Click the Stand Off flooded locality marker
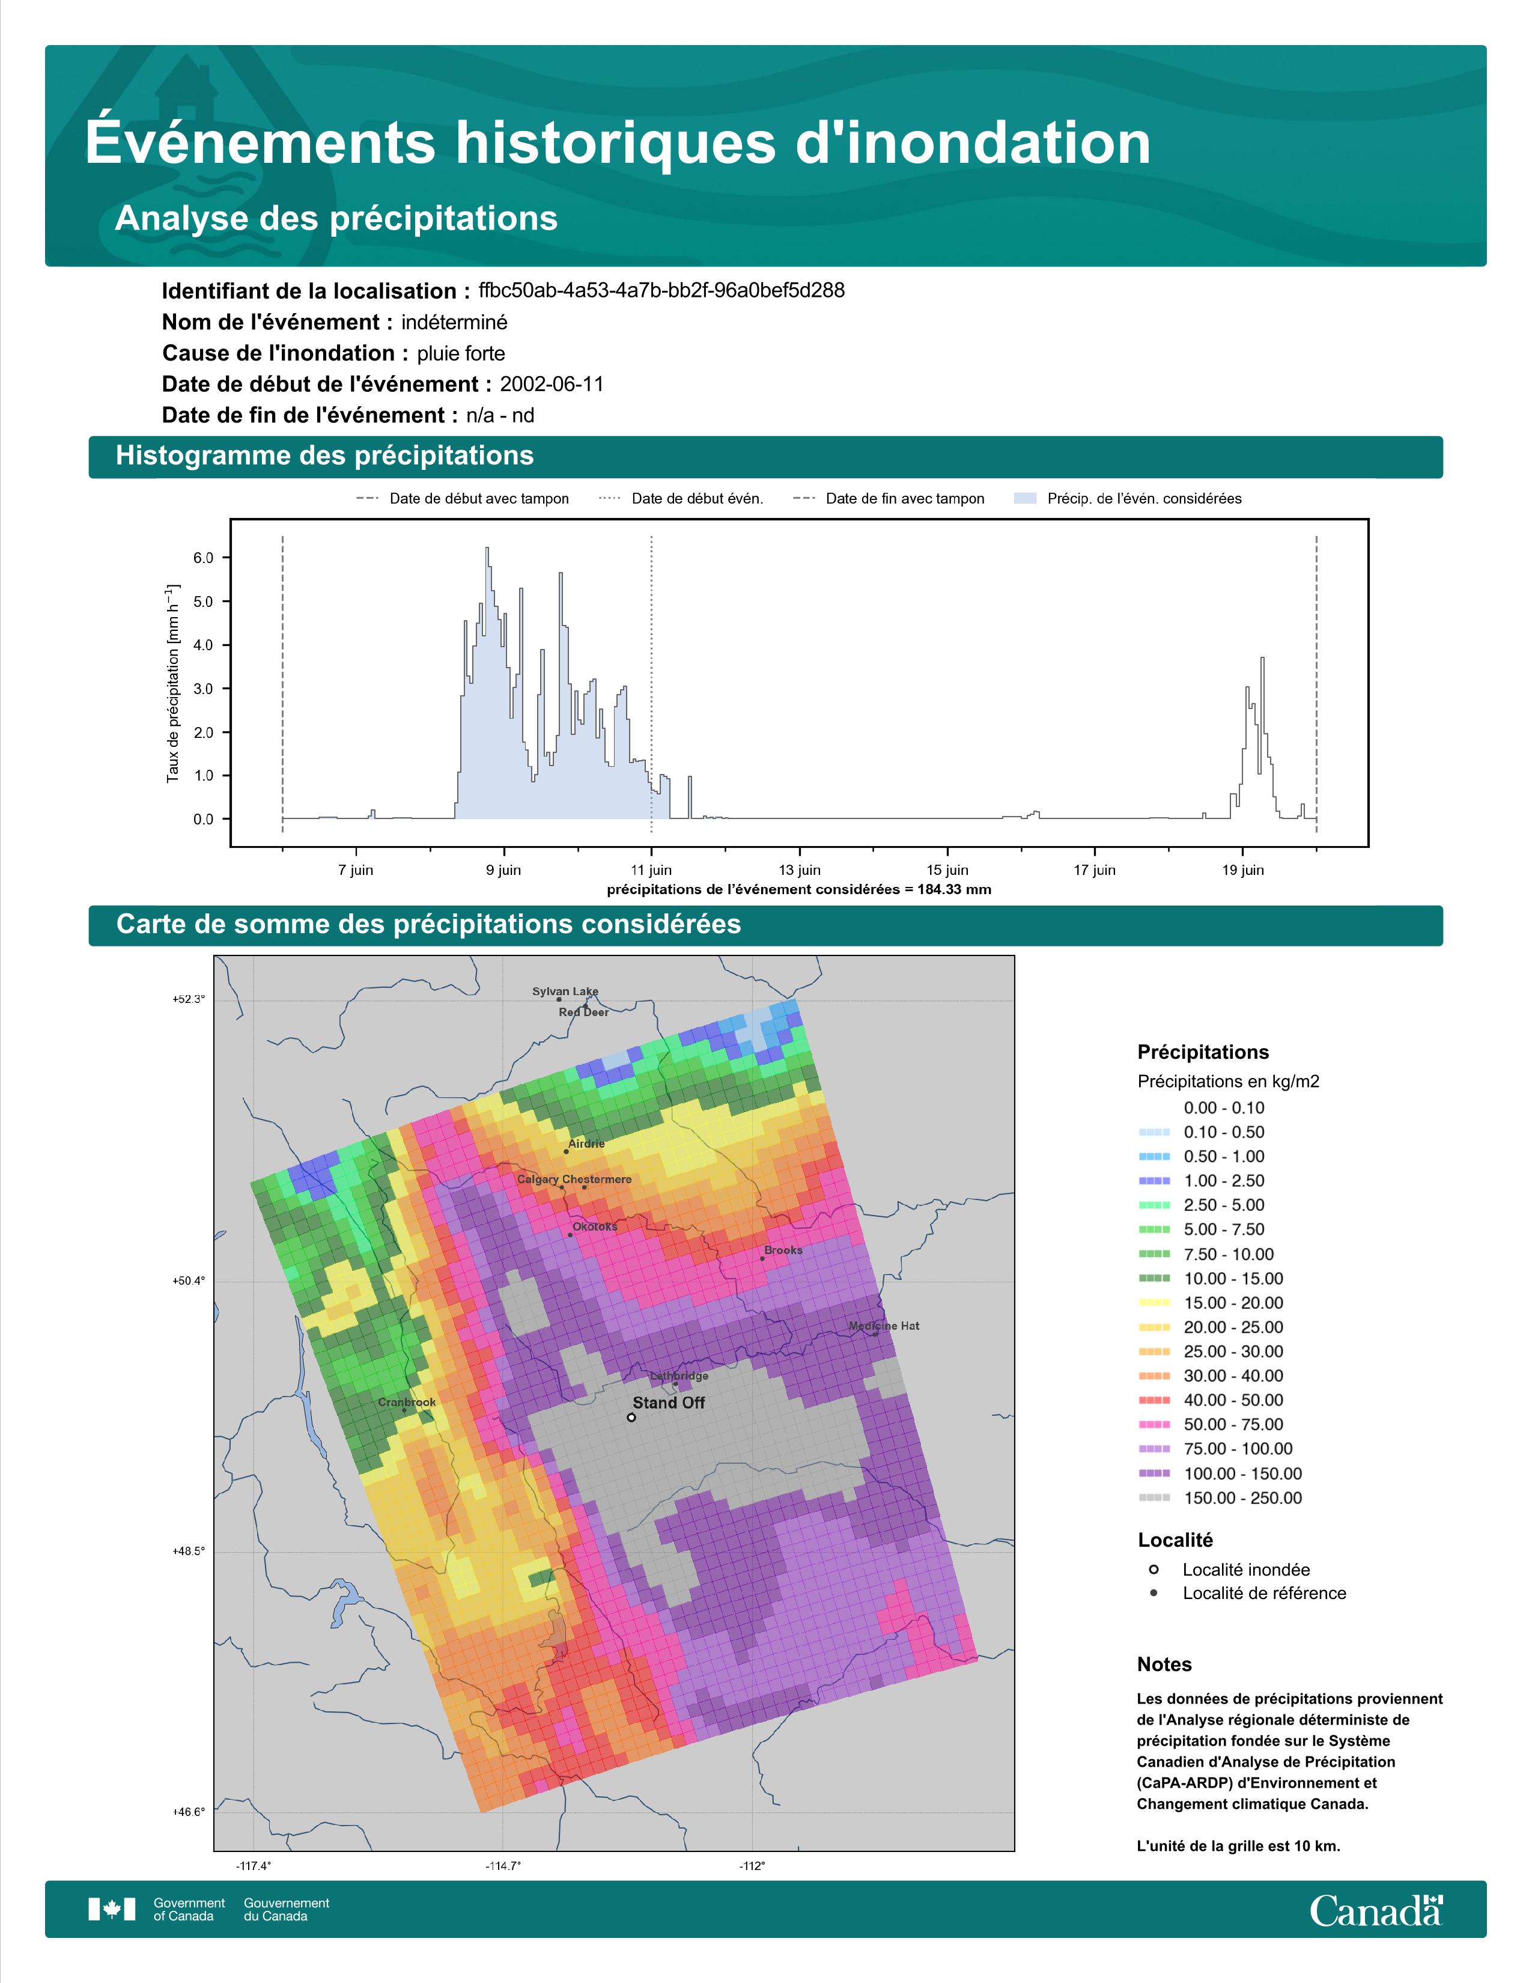click(631, 1418)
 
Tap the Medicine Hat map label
click(884, 1326)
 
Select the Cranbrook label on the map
click(407, 1402)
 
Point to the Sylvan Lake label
click(565, 992)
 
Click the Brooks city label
click(783, 1250)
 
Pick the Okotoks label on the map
click(594, 1226)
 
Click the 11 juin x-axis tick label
click(652, 870)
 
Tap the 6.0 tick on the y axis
click(203, 558)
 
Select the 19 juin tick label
click(1242, 870)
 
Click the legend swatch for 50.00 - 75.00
click(1154, 1425)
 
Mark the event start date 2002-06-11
click(552, 384)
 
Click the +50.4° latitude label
click(189, 1281)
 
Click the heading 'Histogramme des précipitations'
click(325, 456)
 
